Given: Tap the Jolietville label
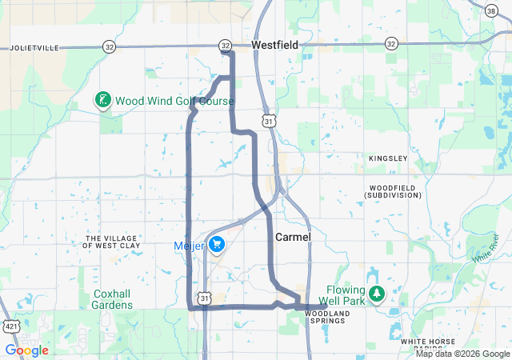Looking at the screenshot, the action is click(x=34, y=48).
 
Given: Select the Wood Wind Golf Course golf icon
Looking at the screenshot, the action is click(x=102, y=101).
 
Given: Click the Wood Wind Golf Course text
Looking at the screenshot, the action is click(x=174, y=102).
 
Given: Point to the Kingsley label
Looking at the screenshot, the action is click(x=388, y=158).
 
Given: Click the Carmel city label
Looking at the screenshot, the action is click(x=293, y=238).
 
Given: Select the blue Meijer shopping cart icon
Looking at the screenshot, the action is click(x=217, y=246).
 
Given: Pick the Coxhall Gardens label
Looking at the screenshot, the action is click(x=112, y=299).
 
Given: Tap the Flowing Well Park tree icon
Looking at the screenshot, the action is click(x=376, y=295).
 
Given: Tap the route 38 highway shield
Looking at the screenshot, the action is click(x=490, y=10).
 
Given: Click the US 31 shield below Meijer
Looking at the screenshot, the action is click(x=206, y=298).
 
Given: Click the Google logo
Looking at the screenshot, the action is click(x=26, y=350).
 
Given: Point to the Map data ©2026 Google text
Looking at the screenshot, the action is click(x=462, y=354).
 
